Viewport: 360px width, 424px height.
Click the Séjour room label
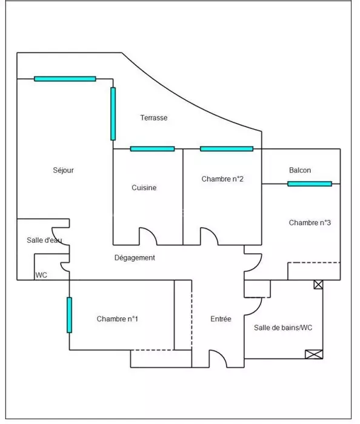63,170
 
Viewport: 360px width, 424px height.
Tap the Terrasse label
153,118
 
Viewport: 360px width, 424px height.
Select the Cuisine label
144,188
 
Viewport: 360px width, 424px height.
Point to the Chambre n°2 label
222,179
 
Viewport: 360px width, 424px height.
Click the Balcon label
300,170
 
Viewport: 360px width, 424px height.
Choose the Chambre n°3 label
310,223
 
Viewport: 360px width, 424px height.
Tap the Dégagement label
135,257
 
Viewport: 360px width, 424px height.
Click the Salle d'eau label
44,240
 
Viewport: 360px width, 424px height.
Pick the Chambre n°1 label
118,319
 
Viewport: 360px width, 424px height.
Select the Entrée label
221,319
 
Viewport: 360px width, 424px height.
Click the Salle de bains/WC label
283,328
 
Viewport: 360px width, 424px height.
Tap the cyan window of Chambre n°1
69,315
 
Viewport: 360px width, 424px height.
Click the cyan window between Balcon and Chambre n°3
310,184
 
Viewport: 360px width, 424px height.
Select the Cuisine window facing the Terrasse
152,149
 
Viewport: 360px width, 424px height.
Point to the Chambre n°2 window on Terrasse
227,149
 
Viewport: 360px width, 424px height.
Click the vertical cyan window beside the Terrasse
113,114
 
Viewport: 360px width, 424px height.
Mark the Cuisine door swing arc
152,232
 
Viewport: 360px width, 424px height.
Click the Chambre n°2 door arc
213,232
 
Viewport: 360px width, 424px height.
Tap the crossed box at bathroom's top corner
318,285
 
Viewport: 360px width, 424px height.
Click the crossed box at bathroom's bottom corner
314,354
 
